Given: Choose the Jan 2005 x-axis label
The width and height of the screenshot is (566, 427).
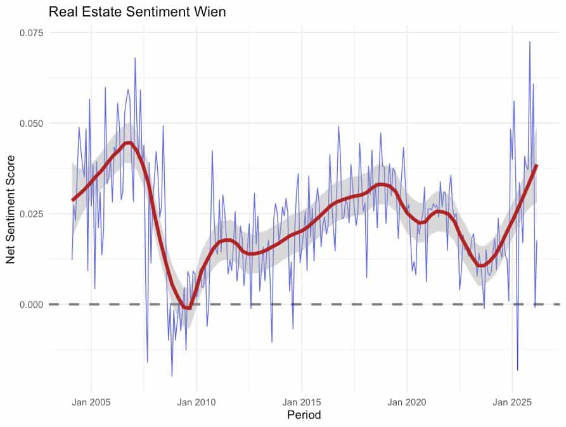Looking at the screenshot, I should (x=91, y=402).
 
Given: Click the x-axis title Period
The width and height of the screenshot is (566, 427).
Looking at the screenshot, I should (x=304, y=416).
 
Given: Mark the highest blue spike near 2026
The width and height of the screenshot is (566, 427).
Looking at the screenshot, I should (x=529, y=42).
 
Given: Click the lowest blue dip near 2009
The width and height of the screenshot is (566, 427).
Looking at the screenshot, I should (x=172, y=376).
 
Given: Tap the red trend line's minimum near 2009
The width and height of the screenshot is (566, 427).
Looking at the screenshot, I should (x=186, y=308).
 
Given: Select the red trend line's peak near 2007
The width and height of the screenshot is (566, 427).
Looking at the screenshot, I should (x=128, y=143).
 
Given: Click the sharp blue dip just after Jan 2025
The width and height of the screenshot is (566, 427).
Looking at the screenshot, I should (x=518, y=370).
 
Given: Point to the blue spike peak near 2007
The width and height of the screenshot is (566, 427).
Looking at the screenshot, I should (x=135, y=58).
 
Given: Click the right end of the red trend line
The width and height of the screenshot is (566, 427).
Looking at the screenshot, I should (x=537, y=165).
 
